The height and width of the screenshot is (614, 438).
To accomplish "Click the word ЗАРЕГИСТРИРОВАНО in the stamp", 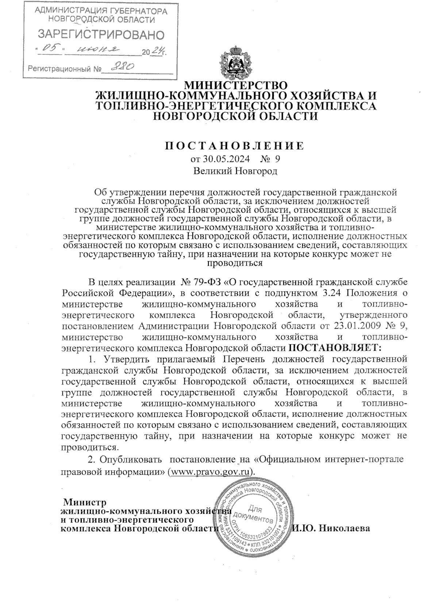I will [x=101, y=35].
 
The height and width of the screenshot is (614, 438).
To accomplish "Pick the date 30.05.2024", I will [x=226, y=159].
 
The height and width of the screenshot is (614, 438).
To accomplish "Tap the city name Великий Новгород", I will [x=235, y=171].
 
